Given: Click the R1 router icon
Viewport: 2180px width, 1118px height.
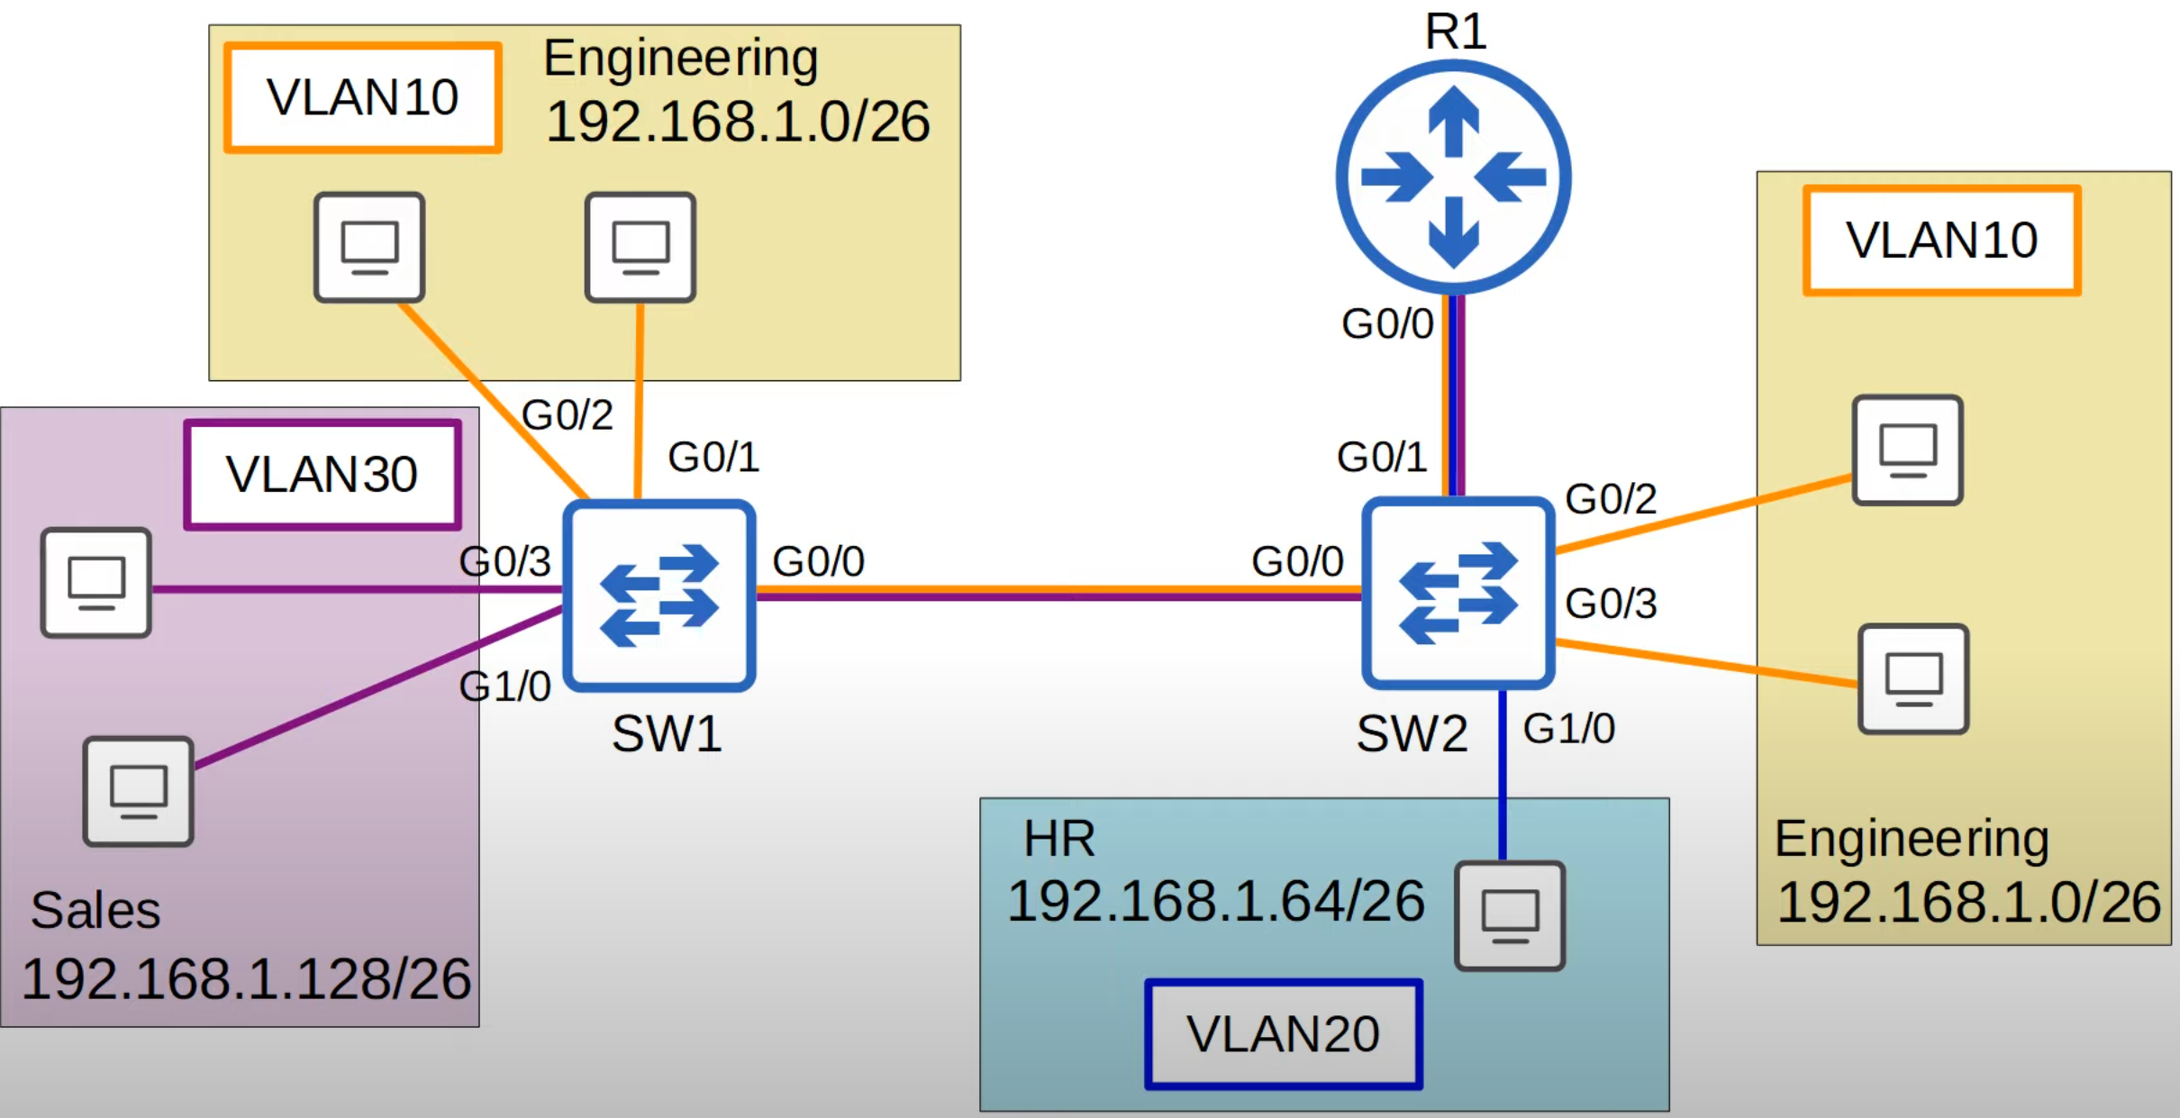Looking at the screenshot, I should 1453,177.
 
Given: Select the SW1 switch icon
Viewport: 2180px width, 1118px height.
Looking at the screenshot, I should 659,595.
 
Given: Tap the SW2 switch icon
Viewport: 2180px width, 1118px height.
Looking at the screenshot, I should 1457,593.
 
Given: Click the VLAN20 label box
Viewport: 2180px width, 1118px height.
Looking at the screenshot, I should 1283,1034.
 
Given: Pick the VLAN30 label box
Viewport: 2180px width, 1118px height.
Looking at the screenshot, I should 322,475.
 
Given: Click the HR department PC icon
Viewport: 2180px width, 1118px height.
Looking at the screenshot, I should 1510,915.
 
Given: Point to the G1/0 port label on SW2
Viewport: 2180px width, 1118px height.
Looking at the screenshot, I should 1568,729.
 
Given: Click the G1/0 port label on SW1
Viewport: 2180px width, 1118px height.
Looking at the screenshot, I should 504,686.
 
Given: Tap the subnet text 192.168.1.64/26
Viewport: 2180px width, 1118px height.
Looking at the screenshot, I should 1215,901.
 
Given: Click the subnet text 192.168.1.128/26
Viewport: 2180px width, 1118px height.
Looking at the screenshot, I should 246,979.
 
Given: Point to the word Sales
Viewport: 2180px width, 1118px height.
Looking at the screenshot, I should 95,910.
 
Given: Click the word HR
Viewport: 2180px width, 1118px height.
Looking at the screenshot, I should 1059,839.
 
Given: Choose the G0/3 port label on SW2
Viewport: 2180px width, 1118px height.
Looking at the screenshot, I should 1611,604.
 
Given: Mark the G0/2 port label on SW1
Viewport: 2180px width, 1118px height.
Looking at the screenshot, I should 568,415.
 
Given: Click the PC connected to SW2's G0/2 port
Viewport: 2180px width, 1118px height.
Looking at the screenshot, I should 1907,450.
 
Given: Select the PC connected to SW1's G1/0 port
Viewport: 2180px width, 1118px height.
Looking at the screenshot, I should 138,791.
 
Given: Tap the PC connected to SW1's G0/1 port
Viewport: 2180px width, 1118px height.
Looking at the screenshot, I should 640,247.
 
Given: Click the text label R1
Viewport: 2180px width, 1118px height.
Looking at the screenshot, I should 1455,32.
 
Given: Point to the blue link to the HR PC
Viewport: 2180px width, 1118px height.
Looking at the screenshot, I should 1502,775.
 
